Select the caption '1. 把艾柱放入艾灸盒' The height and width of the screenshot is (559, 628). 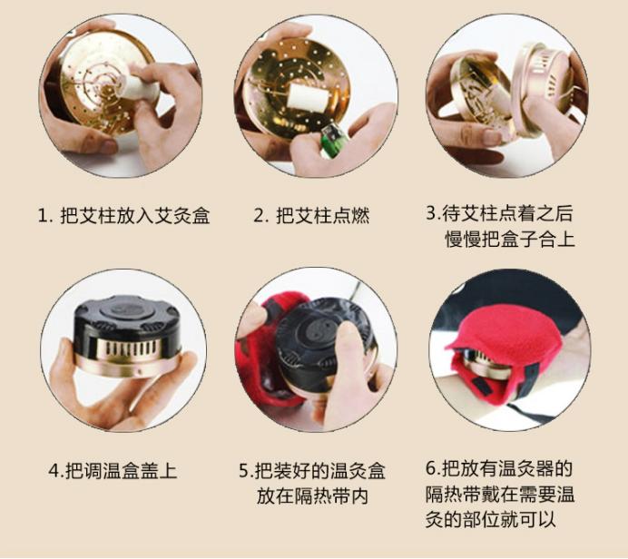[123, 217]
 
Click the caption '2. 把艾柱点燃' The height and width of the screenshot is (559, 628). [311, 217]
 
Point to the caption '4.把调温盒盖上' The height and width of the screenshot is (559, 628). [113, 470]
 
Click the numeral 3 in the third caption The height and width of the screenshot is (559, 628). [431, 214]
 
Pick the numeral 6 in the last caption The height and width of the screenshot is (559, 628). [431, 469]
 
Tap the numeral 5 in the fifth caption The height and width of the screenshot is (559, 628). [244, 471]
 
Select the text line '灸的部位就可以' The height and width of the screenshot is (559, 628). [490, 520]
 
